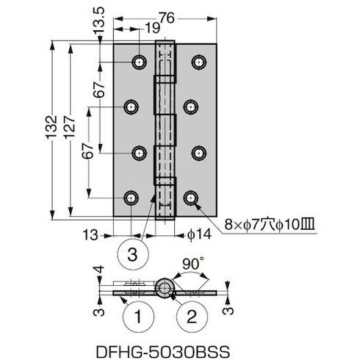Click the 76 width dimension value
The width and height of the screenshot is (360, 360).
[167, 18]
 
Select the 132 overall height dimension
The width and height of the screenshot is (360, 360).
[52, 127]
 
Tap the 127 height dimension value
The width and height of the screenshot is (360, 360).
[70, 127]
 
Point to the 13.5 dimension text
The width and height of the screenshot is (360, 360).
[98, 20]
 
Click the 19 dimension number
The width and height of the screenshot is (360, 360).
[153, 29]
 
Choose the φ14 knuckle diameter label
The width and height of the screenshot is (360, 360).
[199, 234]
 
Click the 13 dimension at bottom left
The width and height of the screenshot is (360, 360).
[90, 235]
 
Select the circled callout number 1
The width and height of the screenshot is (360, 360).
[139, 317]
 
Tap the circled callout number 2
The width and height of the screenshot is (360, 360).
[192, 317]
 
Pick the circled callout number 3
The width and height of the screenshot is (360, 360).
[133, 254]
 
